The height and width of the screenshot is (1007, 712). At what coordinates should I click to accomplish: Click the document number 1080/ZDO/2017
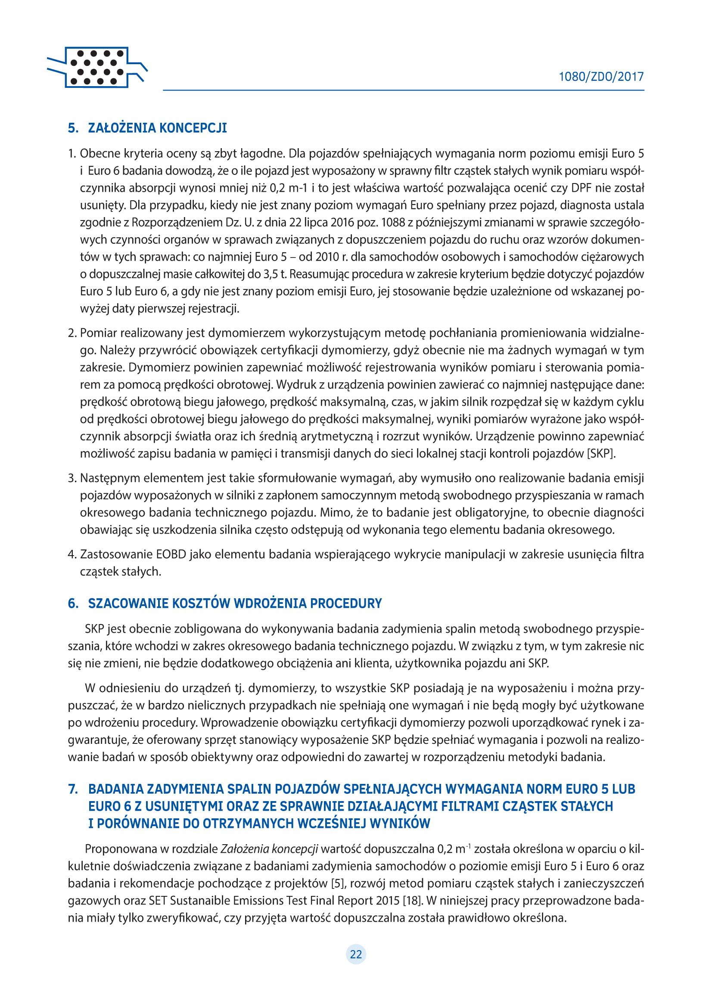(600, 77)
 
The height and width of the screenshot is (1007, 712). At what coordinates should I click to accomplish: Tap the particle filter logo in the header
(97, 68)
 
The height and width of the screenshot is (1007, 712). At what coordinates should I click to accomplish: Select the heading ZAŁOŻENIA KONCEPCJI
(157, 128)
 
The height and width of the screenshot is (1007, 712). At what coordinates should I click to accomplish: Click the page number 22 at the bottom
(356, 954)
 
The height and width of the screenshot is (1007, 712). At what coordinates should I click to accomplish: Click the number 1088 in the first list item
(393, 222)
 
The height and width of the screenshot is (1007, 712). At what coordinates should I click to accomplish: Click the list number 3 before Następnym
(72, 478)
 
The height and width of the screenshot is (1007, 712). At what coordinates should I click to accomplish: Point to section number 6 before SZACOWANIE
(73, 603)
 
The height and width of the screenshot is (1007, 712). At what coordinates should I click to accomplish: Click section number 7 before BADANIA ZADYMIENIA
(73, 789)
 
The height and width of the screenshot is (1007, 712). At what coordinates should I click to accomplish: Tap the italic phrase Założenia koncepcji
(269, 848)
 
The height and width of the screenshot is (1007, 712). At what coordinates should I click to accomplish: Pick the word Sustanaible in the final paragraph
(198, 901)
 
